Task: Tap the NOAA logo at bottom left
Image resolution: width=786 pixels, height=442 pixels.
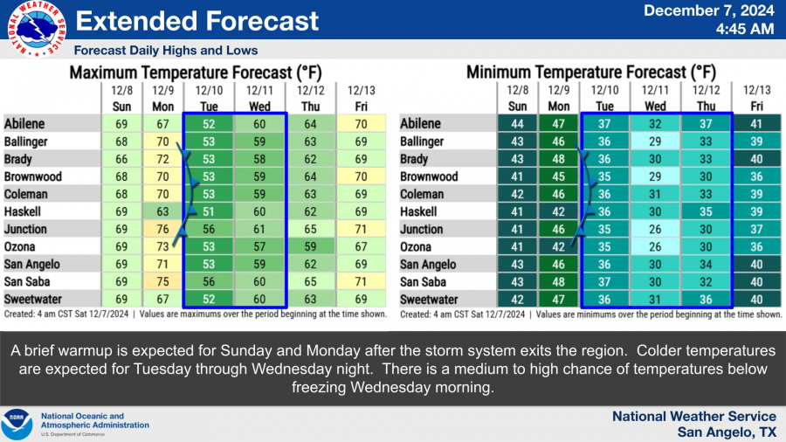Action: (x=17, y=425)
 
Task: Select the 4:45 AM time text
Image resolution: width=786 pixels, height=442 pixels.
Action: (x=744, y=29)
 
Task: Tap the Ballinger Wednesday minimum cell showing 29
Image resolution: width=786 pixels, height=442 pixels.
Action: (x=654, y=142)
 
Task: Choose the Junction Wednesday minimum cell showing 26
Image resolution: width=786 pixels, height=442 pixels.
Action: (x=654, y=229)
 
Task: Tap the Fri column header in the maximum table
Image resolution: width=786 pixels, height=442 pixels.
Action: (x=361, y=107)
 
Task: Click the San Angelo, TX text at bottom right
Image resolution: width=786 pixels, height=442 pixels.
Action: (x=727, y=432)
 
